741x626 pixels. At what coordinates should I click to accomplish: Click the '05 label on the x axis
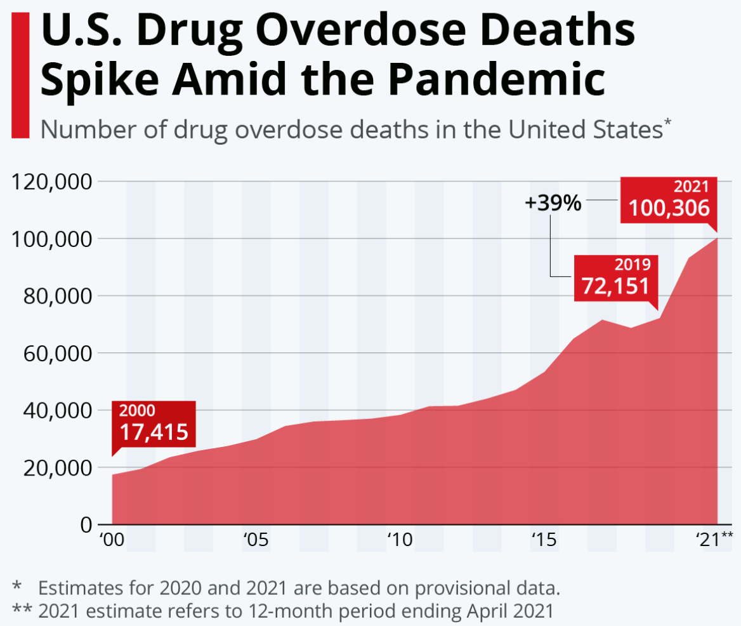256,541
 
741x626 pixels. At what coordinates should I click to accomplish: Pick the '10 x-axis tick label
400,541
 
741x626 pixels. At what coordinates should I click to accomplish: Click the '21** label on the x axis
714,541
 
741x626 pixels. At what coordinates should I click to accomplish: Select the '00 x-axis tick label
112,541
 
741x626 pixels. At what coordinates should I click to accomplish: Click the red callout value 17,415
154,432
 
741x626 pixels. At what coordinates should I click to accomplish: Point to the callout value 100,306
669,208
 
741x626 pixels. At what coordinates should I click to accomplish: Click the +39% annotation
553,203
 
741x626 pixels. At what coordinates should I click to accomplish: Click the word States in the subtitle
626,130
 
